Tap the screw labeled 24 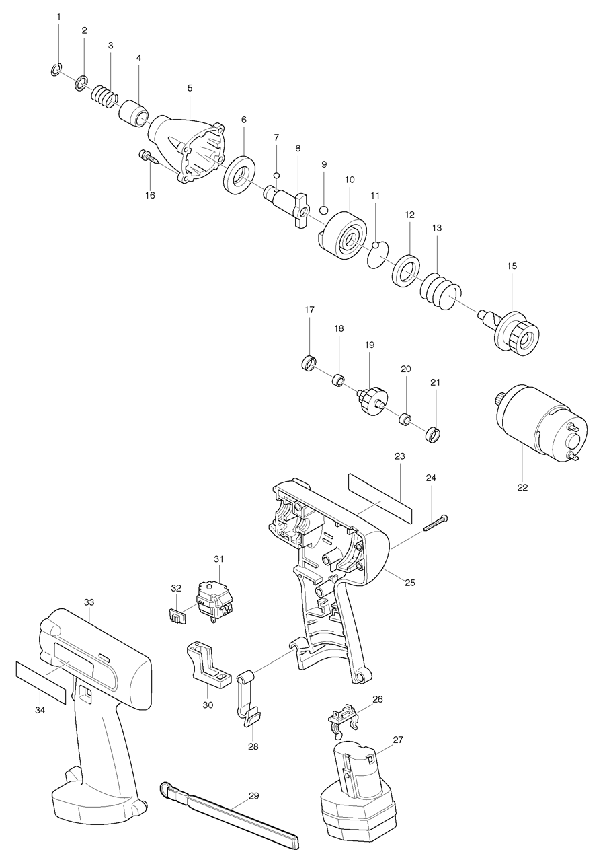pos(436,522)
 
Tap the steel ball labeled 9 pos(323,209)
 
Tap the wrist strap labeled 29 pos(229,814)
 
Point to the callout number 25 pos(409,583)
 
